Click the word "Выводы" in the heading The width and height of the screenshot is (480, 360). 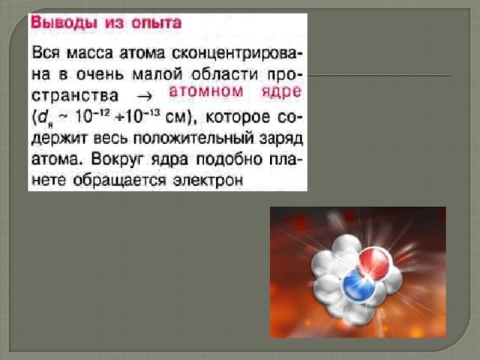[64, 23]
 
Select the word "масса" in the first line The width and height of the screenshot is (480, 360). [90, 54]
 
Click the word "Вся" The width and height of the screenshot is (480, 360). [46, 53]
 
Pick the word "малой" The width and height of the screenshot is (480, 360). [157, 74]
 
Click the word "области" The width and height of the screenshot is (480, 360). [225, 74]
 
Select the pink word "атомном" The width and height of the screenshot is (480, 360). [206, 92]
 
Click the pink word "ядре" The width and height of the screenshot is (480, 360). [281, 92]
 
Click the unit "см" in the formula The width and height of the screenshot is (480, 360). [175, 118]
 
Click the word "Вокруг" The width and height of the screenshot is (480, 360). [118, 160]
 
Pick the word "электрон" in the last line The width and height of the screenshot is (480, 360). [208, 181]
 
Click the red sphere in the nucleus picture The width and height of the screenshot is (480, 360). [373, 263]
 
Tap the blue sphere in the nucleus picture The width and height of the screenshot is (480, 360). [358, 284]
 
